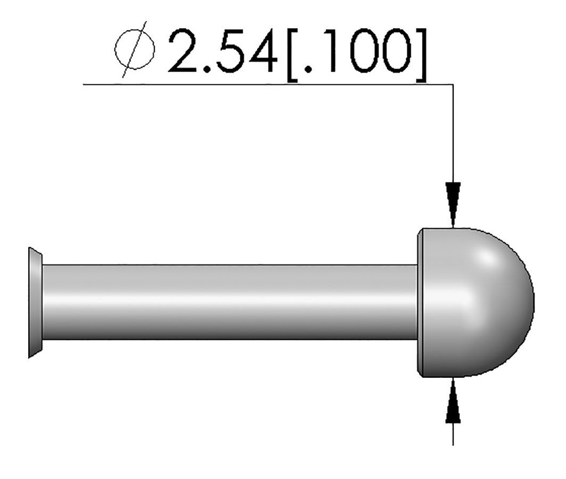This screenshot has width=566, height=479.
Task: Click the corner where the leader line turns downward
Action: tap(453, 85)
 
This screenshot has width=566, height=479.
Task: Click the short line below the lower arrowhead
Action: tap(453, 435)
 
